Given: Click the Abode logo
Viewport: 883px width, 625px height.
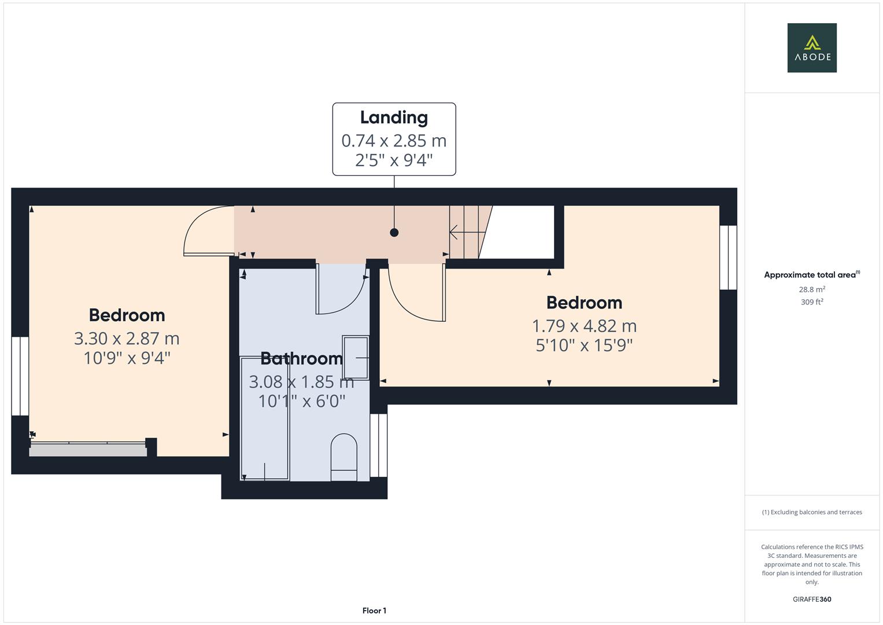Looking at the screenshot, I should (x=812, y=48).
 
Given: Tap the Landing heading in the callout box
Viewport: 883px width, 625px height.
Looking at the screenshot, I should (x=394, y=117).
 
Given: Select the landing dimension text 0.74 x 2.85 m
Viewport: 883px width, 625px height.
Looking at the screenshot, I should (x=394, y=141).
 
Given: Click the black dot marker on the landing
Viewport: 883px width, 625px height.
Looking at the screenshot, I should (x=394, y=233).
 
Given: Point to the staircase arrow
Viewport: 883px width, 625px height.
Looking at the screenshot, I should (x=466, y=233).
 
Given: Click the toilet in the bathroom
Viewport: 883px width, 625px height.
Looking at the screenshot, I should (x=343, y=457).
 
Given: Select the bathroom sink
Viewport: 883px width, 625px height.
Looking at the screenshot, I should (x=356, y=357).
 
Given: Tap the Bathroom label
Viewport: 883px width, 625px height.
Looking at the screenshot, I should (x=301, y=359).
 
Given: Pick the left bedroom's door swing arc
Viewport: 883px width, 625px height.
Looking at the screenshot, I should (x=202, y=229).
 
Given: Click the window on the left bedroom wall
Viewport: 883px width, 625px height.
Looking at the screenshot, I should (x=20, y=376).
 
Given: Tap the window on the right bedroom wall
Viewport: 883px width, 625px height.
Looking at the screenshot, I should (x=728, y=258).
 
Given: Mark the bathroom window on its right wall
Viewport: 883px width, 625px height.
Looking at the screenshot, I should (x=378, y=445).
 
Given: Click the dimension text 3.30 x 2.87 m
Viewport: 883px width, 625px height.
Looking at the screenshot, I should (x=127, y=339).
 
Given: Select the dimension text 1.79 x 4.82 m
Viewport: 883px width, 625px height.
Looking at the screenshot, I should (x=584, y=326).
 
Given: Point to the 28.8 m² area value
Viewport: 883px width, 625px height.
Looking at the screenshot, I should (x=812, y=289).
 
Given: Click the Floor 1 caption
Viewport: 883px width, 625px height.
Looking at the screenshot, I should (x=374, y=611).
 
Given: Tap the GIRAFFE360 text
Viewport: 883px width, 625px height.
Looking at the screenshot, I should (x=812, y=600).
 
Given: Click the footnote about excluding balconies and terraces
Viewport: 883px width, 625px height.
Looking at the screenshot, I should (x=812, y=512).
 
